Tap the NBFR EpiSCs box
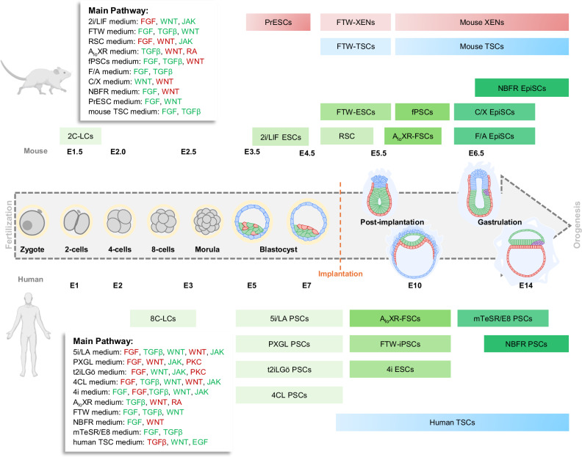click(522, 88)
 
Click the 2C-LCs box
click(80, 136)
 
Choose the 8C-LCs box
click(163, 318)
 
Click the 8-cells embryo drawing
click(163, 219)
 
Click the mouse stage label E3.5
click(251, 151)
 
